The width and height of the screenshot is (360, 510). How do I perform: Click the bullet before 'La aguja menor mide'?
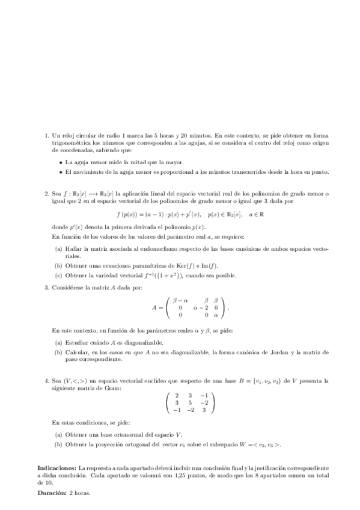61,163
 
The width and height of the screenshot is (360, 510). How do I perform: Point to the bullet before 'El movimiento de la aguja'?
61,173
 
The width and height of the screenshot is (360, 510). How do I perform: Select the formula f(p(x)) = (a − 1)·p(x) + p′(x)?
160,214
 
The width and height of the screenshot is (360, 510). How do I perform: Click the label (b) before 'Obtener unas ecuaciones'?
58,266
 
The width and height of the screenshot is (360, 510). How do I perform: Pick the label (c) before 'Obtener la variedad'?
58,275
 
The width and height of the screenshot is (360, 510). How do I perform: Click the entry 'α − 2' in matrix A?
201,307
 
